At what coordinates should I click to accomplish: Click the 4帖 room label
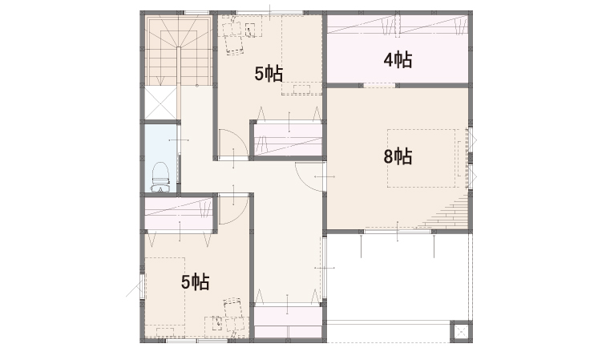(x=398, y=60)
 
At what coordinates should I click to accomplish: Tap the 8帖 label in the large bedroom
(x=398, y=156)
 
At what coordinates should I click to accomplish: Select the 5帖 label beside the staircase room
(x=269, y=74)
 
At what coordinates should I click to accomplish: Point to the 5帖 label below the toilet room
(x=196, y=281)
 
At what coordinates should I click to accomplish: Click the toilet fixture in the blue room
(x=160, y=176)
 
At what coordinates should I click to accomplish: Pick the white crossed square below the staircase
(x=161, y=103)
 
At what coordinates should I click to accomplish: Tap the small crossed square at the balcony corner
(x=461, y=331)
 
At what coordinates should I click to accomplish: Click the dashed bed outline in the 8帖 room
(x=421, y=158)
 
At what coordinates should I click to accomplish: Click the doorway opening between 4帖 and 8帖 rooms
(x=380, y=85)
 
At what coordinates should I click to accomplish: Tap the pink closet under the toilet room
(x=179, y=212)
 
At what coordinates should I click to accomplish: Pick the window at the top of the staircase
(x=196, y=13)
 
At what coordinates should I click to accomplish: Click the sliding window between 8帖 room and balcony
(x=398, y=232)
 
